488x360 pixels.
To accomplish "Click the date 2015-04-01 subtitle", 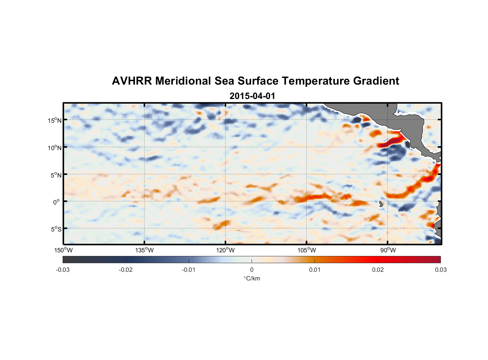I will pos(252,96).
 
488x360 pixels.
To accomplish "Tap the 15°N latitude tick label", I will pos(55,120).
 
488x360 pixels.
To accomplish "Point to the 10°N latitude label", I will pos(55,148).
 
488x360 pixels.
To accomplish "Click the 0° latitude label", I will pos(57,202).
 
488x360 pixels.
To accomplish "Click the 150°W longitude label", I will pos(64,250).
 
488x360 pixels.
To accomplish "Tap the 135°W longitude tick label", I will pos(145,250).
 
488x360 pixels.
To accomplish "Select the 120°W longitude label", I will pos(226,250).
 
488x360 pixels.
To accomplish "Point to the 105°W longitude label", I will pos(307,250).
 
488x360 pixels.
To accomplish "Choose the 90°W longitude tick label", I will pos(388,250).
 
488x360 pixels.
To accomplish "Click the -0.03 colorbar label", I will pos(63,270).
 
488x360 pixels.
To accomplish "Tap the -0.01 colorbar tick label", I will pos(189,270).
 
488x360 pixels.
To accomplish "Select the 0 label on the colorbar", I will pos(252,270).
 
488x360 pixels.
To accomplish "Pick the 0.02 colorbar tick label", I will pos(378,270).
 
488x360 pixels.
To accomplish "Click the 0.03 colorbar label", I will pos(440,270).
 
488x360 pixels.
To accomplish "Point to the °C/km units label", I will pos(252,278).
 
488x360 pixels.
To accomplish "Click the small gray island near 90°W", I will pos(381,204).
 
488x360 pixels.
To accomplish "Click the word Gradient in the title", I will pos(376,81).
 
